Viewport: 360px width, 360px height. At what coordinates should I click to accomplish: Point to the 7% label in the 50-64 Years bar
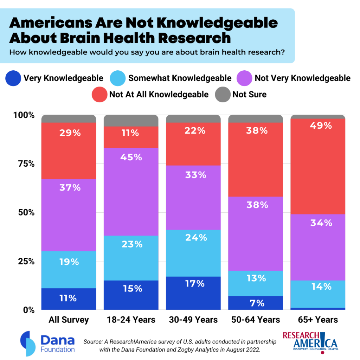256,303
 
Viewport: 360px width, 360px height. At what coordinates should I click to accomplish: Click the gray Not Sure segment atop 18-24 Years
131,121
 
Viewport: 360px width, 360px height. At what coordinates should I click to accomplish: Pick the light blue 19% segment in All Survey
69,270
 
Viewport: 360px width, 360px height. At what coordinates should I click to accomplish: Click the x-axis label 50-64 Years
256,320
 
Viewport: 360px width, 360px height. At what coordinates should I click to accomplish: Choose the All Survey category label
69,320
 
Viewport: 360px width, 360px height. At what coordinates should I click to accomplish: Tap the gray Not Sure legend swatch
222,95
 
